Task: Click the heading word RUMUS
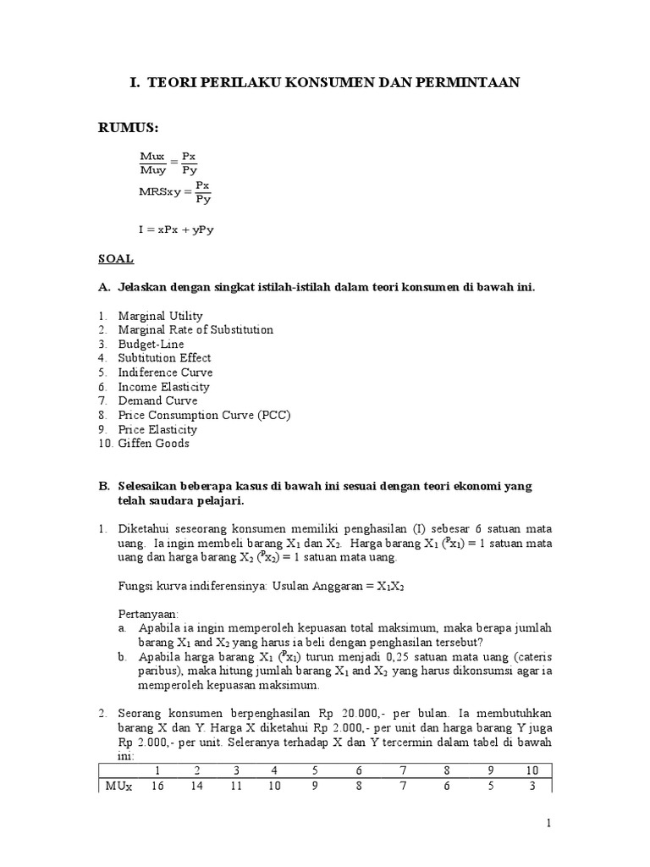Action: pos(129,128)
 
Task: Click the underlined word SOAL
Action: pos(117,258)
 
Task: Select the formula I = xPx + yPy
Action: pos(177,229)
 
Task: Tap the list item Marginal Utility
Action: pos(160,316)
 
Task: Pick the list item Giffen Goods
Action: pos(154,444)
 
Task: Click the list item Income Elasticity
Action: pos(163,387)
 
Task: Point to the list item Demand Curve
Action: pos(157,401)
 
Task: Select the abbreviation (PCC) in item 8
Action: pos(273,416)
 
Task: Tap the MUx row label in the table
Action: pos(118,787)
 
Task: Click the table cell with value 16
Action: pos(157,787)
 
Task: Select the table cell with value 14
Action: pos(196,787)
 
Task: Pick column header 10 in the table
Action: pos(532,770)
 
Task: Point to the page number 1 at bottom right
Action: pos(548,823)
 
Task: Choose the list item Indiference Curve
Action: pos(165,373)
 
